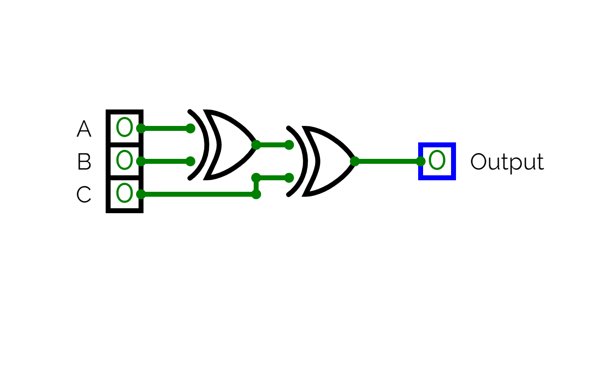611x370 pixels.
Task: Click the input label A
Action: tap(84, 128)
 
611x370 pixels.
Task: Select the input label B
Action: tap(84, 161)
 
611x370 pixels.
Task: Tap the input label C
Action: tap(83, 194)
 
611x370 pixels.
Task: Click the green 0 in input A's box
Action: tap(125, 127)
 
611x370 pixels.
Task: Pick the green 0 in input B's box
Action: tap(125, 160)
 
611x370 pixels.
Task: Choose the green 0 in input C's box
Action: tap(125, 193)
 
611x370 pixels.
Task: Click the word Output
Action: tap(507, 163)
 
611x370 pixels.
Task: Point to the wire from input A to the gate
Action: tap(166, 128)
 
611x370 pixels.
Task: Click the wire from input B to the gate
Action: tap(166, 161)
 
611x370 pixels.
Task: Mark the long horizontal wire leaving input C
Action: tap(199, 194)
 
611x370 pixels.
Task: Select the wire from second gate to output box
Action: tap(388, 161)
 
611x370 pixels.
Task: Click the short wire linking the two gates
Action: tap(273, 145)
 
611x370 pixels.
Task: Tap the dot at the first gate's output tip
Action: tap(256, 145)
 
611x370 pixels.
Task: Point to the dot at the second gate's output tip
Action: tap(354, 161)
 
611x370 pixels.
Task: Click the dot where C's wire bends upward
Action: tap(256, 194)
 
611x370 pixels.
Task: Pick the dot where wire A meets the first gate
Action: tap(190, 128)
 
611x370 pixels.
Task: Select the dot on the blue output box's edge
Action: tap(421, 161)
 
